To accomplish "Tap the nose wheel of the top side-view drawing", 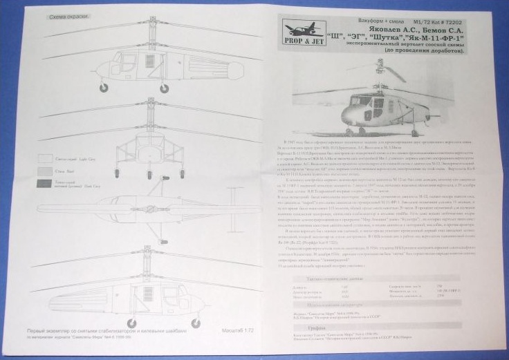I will (x=104, y=88).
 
